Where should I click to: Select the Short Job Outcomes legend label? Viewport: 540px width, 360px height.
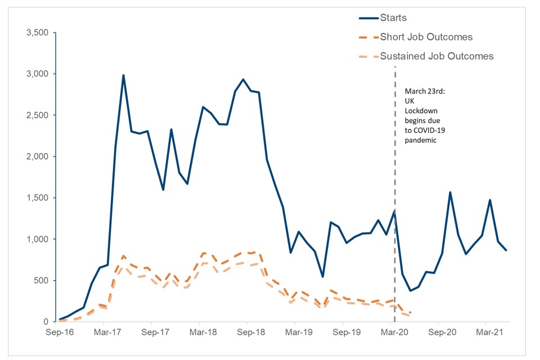426,37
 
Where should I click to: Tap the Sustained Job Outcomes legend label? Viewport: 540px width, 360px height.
436,56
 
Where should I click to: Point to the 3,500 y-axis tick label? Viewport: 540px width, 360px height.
38,33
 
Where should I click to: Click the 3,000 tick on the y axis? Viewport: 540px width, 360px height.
38,74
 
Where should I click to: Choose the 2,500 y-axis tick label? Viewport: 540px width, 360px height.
38,115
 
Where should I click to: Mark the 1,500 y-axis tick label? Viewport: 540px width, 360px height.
38,198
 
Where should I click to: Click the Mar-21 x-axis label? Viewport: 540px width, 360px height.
487,332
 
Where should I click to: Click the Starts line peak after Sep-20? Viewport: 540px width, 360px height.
450,192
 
